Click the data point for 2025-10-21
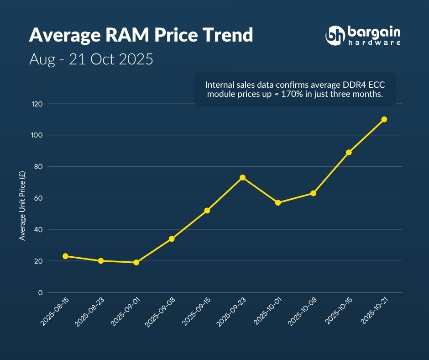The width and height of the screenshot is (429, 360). pyautogui.click(x=384, y=119)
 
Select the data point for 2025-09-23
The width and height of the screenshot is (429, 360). pyautogui.click(x=242, y=177)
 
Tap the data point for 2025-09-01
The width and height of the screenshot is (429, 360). pyautogui.click(x=136, y=262)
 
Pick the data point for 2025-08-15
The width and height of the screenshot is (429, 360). pyautogui.click(x=65, y=256)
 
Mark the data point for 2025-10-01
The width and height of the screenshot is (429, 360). pyautogui.click(x=278, y=202)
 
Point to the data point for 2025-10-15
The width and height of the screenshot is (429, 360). pyautogui.click(x=349, y=152)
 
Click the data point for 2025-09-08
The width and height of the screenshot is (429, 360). pyautogui.click(x=172, y=238)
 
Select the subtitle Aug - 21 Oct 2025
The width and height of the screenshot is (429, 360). pyautogui.click(x=91, y=59)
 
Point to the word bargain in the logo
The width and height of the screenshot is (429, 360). pyautogui.click(x=374, y=32)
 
